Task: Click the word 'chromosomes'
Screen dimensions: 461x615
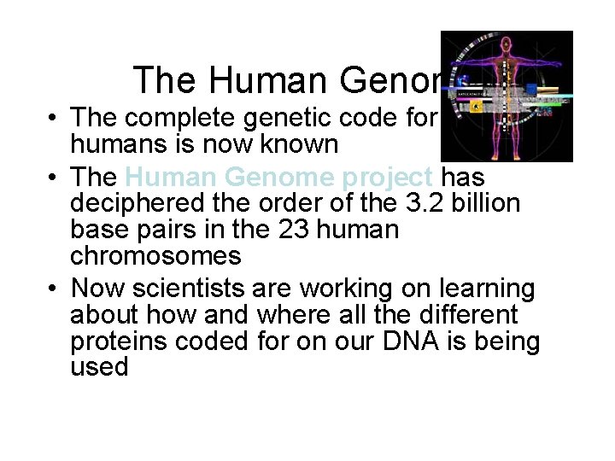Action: pos(155,255)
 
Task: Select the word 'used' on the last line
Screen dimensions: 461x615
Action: pos(99,367)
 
